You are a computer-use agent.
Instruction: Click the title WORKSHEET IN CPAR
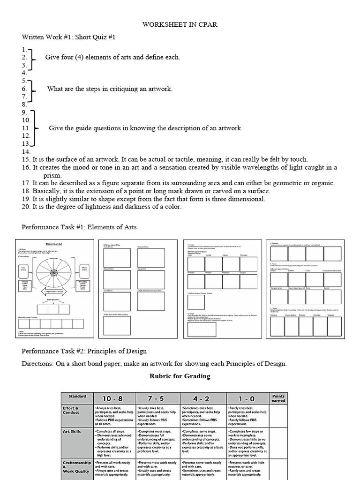[x=180, y=24]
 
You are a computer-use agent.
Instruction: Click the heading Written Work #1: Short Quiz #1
[x=69, y=37]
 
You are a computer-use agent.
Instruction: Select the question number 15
[x=26, y=160]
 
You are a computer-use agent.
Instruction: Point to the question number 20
[x=26, y=207]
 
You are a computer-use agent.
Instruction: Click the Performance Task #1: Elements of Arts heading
[x=79, y=227]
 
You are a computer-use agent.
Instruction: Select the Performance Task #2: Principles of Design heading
[x=84, y=351]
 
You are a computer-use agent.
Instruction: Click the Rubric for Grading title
[x=180, y=376]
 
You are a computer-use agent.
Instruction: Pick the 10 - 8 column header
[x=113, y=398]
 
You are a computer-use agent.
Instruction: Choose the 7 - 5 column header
[x=158, y=398]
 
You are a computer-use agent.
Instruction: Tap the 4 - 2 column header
[x=203, y=398]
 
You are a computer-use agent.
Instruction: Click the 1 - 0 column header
[x=248, y=398]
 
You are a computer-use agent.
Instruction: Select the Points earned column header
[x=278, y=398]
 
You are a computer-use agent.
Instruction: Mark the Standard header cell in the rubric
[x=77, y=397]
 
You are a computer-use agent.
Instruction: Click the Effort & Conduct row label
[x=72, y=411]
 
